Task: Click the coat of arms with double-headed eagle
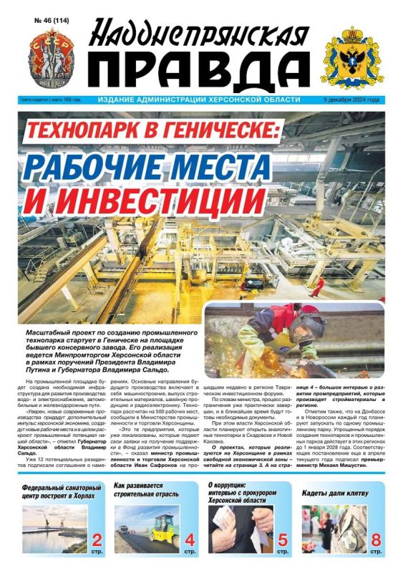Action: coord(351,56)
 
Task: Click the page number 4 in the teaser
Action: coord(190,539)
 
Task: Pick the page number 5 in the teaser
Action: coord(283,539)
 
